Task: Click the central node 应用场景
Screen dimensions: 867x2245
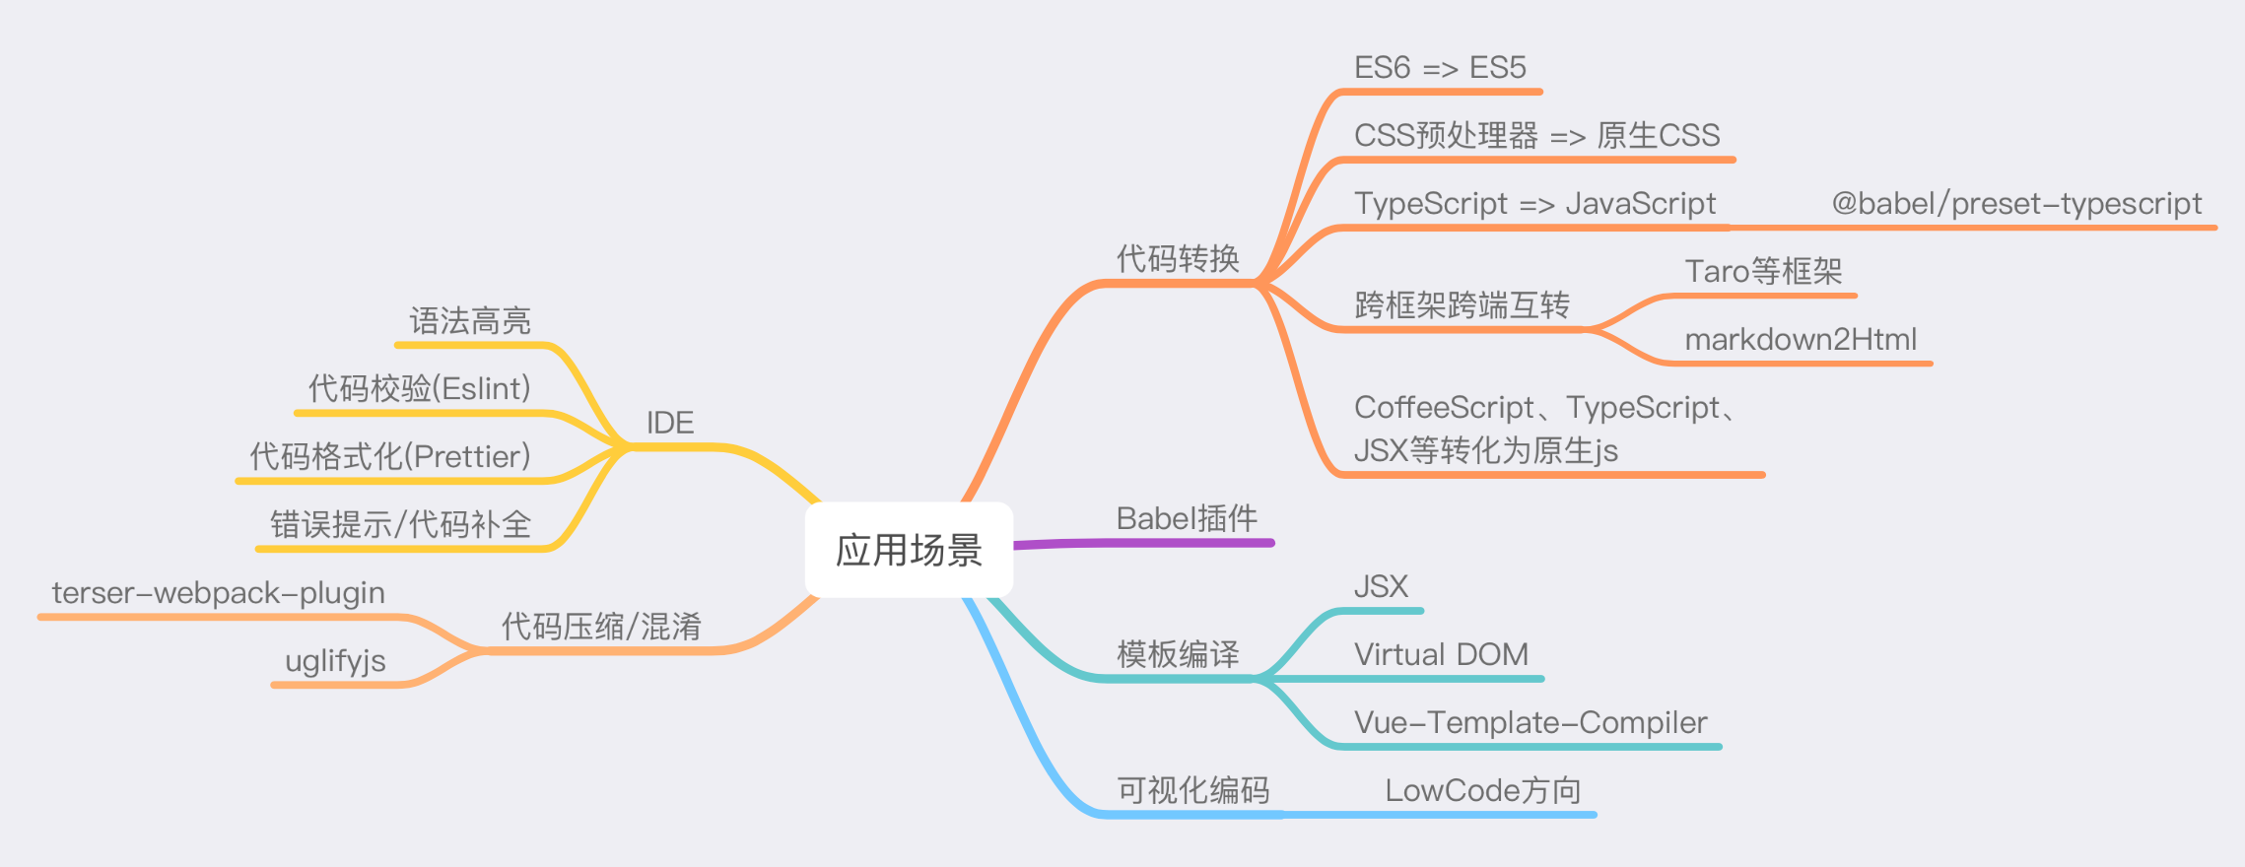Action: point(909,550)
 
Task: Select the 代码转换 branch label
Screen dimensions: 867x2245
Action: point(1178,259)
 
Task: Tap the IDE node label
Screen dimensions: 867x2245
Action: point(670,423)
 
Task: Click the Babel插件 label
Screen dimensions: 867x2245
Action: point(1187,518)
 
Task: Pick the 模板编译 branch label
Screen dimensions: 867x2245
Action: point(1178,654)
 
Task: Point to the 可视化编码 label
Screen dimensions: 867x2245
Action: point(1192,790)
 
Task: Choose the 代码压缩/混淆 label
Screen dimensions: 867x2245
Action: point(601,627)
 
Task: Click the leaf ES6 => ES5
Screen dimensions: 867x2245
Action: point(1440,68)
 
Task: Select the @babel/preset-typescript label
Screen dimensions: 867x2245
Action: point(2016,204)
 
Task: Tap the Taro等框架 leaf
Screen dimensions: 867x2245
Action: point(1763,271)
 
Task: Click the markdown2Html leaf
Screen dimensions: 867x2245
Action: point(1801,340)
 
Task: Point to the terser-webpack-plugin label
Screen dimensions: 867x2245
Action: point(219,593)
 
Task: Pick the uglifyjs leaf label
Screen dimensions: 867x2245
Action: point(335,661)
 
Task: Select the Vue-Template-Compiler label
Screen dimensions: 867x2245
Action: point(1531,722)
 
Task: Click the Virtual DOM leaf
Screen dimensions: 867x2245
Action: point(1441,654)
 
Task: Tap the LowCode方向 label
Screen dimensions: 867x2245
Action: point(1483,790)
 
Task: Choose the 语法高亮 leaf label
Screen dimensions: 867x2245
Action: point(470,321)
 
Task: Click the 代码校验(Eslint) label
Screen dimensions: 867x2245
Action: point(419,388)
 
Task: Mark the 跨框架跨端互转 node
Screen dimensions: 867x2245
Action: point(1462,305)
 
